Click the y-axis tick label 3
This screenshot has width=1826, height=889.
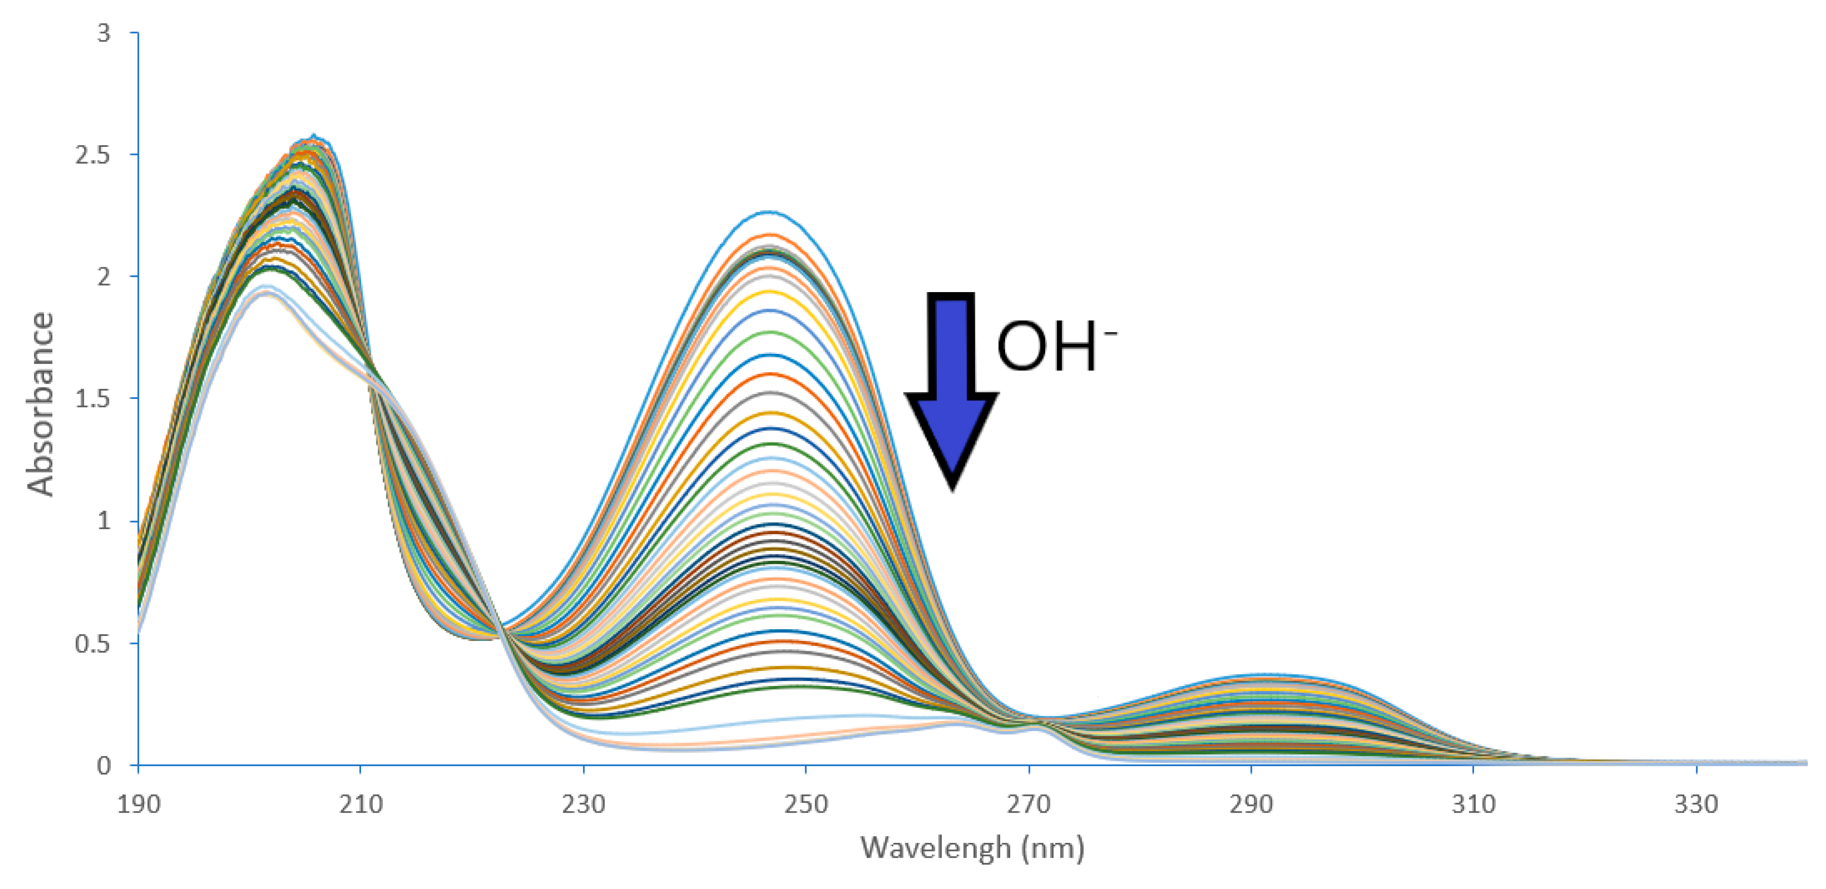click(104, 32)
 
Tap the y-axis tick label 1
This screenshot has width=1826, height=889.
click(104, 521)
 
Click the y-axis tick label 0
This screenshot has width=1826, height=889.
click(104, 765)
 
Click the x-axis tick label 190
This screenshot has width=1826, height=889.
click(138, 804)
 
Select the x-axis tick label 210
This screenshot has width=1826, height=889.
click(361, 804)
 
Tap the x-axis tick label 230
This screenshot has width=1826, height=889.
click(583, 804)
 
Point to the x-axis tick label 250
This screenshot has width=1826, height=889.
click(806, 804)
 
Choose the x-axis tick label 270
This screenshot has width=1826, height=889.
click(1028, 804)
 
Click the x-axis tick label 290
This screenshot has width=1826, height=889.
click(1251, 804)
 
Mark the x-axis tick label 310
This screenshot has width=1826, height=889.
click(1474, 804)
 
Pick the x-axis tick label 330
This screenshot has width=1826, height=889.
click(1696, 804)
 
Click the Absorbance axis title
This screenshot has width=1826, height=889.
click(41, 404)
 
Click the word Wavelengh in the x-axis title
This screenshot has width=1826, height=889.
click(936, 848)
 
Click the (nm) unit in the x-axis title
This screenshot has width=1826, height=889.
click(1053, 848)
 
